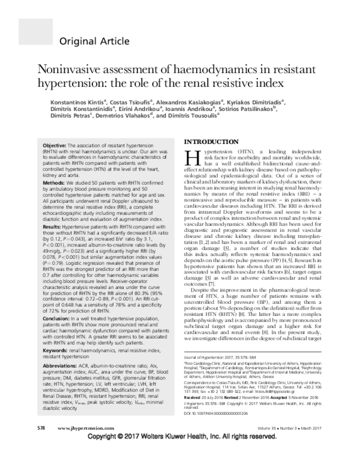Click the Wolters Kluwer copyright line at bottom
coord(180,457)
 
